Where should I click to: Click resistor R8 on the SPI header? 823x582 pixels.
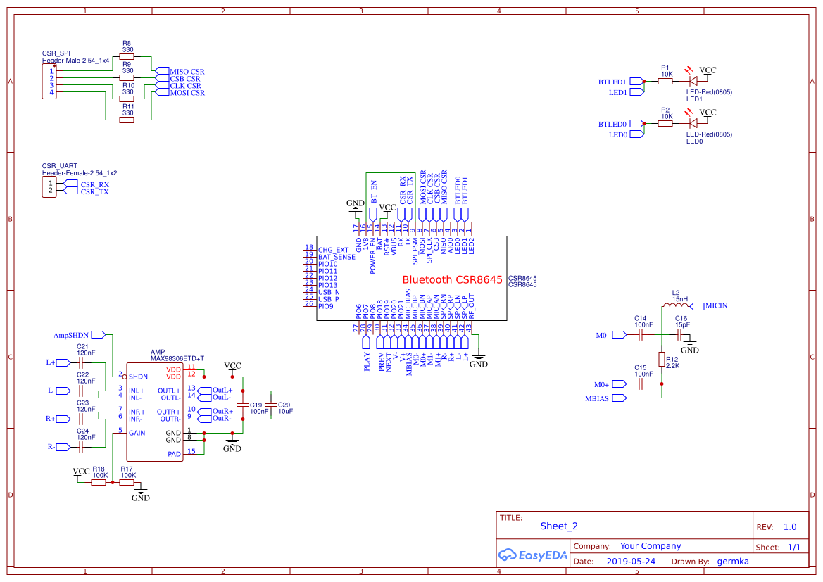point(127,57)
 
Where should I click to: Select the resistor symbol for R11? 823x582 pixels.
point(127,120)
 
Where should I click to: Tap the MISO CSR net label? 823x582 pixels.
point(187,72)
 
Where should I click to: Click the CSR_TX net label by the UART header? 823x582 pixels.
point(94,191)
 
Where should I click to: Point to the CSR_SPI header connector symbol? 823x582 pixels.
point(49,82)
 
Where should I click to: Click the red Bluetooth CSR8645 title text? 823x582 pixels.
point(452,279)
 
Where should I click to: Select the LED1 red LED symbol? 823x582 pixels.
point(693,82)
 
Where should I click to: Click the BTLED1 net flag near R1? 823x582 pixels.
point(612,82)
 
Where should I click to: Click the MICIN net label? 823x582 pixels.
point(715,305)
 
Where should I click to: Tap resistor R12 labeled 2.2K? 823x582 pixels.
point(662,359)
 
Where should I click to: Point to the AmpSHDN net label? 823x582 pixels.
point(72,335)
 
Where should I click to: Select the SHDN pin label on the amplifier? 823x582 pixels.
point(138,377)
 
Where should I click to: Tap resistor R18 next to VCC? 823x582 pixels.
point(99,483)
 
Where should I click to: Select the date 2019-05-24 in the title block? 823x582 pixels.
point(631,562)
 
